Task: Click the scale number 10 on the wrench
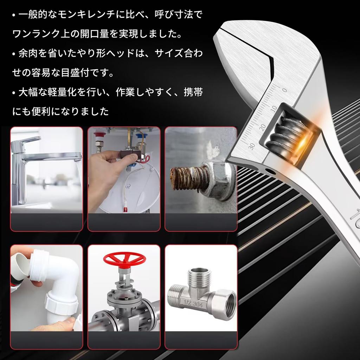pos(275,107)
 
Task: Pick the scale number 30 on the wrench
pos(251,146)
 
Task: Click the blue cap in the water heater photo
pos(143,136)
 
